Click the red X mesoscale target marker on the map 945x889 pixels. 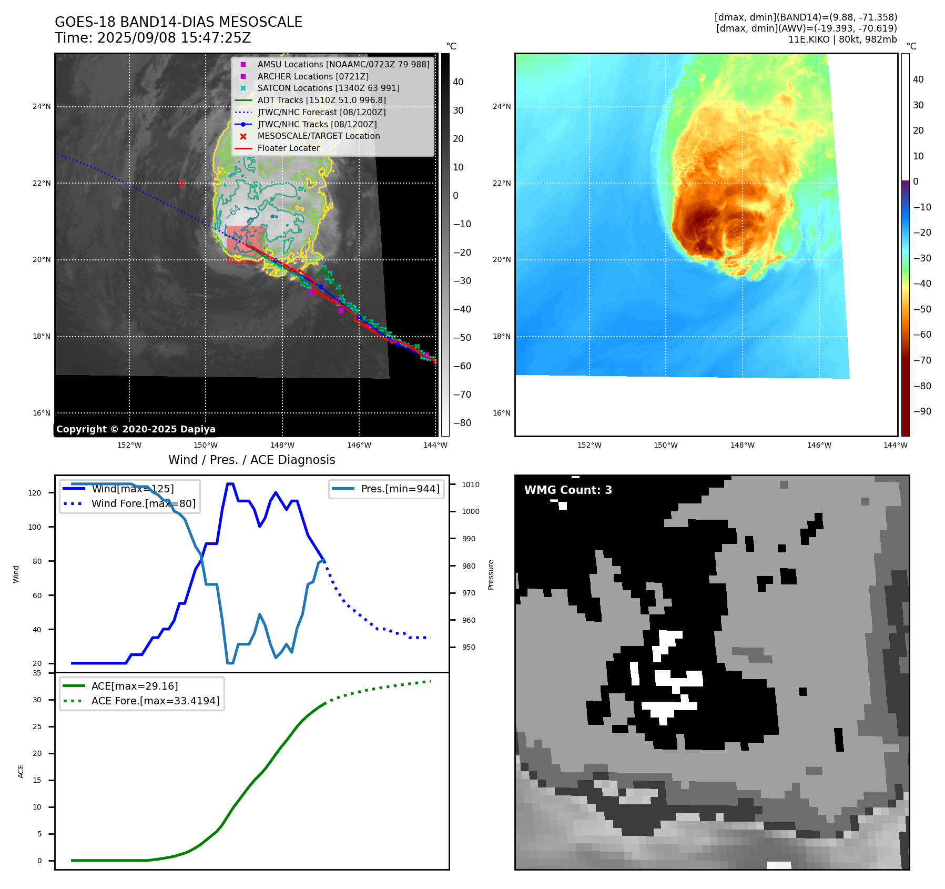click(181, 184)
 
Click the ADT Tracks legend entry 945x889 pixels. click(321, 100)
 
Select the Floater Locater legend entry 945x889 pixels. click(288, 148)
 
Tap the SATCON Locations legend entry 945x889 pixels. click(328, 88)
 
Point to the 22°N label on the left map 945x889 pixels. click(42, 183)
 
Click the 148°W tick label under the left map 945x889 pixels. click(282, 445)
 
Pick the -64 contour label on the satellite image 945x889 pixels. click(233, 211)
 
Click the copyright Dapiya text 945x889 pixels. click(136, 429)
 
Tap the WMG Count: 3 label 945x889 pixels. click(568, 490)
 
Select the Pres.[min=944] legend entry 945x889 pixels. click(400, 489)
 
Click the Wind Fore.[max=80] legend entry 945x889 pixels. click(143, 503)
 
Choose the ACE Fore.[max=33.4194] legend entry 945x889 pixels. click(155, 701)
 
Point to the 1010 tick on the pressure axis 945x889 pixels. click(471, 484)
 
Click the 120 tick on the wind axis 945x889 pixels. click(34, 493)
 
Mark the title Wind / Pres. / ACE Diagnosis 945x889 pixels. click(251, 460)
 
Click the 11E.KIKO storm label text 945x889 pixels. click(808, 39)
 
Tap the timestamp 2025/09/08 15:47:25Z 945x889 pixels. click(174, 38)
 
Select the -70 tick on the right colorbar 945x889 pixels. click(922, 360)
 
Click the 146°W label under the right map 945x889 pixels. click(819, 445)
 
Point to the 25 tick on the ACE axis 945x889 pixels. click(37, 726)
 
